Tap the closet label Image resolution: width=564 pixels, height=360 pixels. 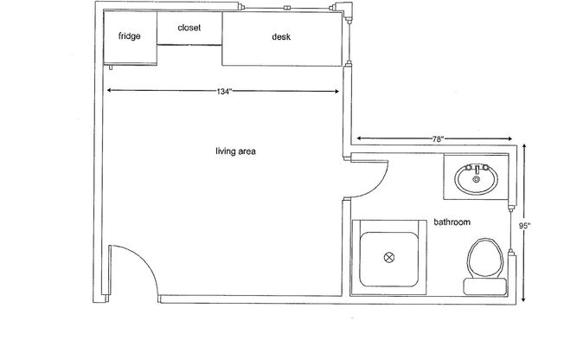click(x=189, y=28)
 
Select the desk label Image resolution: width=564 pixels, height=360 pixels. click(x=280, y=36)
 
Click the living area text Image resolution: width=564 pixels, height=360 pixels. click(x=235, y=151)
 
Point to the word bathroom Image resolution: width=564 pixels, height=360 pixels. click(x=452, y=222)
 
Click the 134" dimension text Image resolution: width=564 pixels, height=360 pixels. click(x=224, y=91)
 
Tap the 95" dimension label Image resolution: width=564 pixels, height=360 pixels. click(x=525, y=226)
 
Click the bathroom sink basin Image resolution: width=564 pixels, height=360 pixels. click(x=475, y=181)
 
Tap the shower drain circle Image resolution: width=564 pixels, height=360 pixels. click(x=388, y=256)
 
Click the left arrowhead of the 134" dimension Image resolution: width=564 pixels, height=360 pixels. click(x=109, y=90)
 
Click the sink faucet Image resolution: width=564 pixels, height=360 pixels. click(x=475, y=169)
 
